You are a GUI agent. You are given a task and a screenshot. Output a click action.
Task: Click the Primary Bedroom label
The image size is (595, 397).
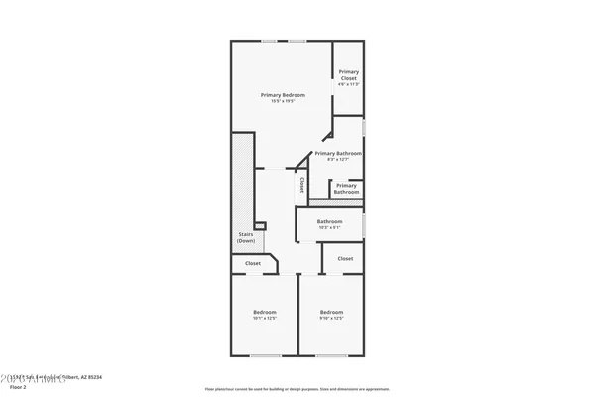(x=283, y=95)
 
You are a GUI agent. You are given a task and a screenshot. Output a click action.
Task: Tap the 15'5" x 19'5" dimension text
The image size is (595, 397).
(x=283, y=102)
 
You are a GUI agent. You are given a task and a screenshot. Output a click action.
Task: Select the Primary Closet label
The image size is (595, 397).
(x=349, y=74)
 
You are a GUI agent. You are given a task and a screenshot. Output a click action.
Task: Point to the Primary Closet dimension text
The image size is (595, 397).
(x=349, y=84)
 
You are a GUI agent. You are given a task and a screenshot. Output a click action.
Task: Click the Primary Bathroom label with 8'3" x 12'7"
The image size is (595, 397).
(x=338, y=154)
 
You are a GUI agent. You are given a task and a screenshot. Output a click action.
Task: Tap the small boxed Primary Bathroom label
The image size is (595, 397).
(x=346, y=188)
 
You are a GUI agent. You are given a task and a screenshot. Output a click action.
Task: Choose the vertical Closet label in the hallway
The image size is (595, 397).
(x=302, y=184)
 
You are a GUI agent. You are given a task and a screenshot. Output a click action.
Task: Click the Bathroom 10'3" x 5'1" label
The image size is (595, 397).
(x=329, y=221)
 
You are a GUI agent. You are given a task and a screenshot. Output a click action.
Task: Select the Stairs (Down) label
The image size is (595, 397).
(x=246, y=238)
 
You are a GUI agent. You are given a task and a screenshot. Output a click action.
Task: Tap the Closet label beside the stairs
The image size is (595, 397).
(x=253, y=264)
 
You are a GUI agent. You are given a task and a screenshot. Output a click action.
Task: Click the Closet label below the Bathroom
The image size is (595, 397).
(x=345, y=258)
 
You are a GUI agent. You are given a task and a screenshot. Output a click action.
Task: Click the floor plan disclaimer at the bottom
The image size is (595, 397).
(x=297, y=389)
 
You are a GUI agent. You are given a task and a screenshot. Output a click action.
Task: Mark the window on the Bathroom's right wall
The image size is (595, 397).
(x=365, y=223)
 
